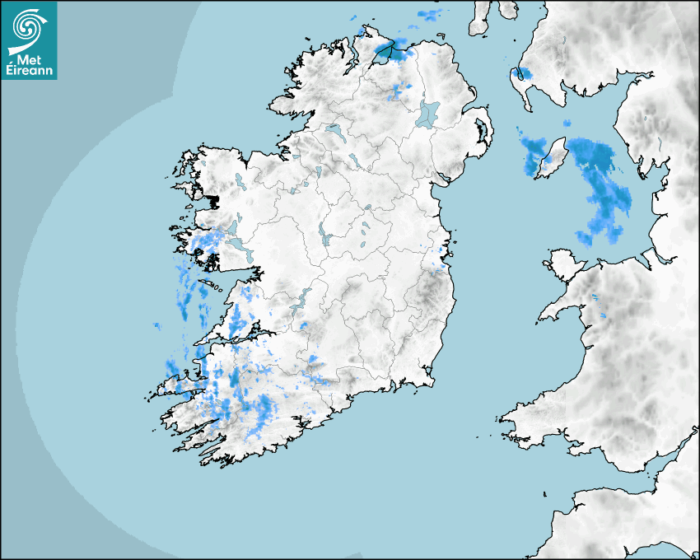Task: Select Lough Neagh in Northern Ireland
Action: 428,113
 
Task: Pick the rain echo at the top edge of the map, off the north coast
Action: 429,14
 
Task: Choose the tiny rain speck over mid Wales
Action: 604,316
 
